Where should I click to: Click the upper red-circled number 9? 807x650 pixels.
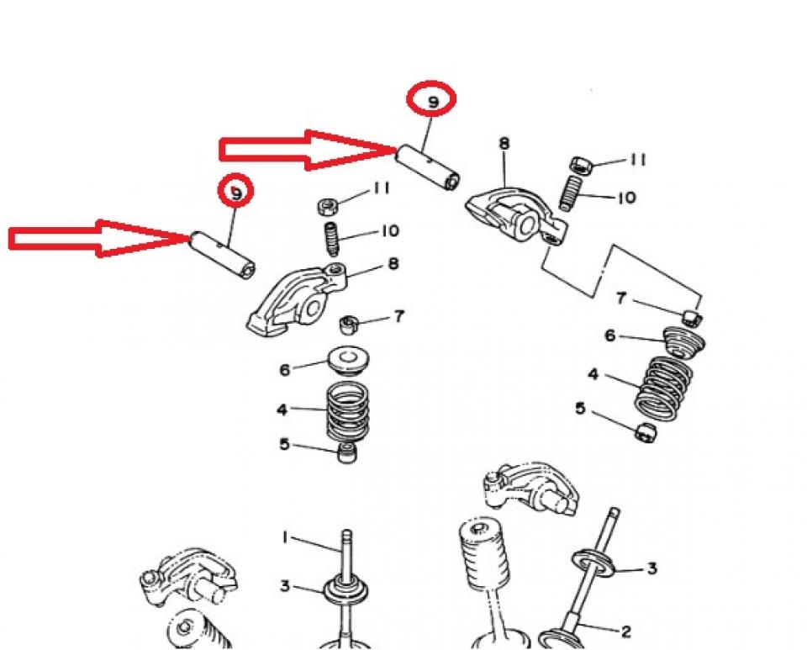[433, 101]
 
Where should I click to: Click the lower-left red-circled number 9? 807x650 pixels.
[236, 192]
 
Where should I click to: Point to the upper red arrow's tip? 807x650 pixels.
[395, 151]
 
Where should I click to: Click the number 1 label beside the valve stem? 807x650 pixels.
[284, 536]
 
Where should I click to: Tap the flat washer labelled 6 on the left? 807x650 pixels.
[345, 359]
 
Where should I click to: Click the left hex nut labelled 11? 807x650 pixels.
[328, 205]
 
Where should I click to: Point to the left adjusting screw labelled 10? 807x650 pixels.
[332, 240]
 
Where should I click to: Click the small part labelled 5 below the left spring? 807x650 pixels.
[345, 454]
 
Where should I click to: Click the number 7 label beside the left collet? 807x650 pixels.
[398, 316]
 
